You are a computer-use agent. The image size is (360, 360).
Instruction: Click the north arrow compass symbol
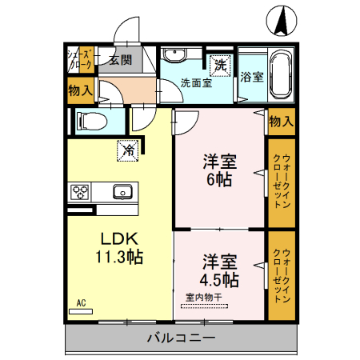click(x=282, y=20)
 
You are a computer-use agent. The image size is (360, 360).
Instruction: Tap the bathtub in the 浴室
click(x=281, y=73)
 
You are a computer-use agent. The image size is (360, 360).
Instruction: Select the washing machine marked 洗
click(x=218, y=62)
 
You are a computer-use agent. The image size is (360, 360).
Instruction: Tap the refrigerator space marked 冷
click(x=126, y=148)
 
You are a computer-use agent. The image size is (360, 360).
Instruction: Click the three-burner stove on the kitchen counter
click(x=81, y=191)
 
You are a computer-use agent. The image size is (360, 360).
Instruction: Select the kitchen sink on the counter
click(x=122, y=191)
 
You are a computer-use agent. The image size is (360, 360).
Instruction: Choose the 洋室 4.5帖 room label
click(x=218, y=271)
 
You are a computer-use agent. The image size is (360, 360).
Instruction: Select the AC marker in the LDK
click(x=81, y=302)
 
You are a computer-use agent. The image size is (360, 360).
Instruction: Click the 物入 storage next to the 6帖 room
click(x=281, y=121)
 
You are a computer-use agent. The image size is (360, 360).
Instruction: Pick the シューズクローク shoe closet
click(x=80, y=61)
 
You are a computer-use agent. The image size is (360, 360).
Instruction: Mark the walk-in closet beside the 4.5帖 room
click(x=281, y=275)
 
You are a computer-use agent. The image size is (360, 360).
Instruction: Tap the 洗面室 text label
click(x=195, y=82)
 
